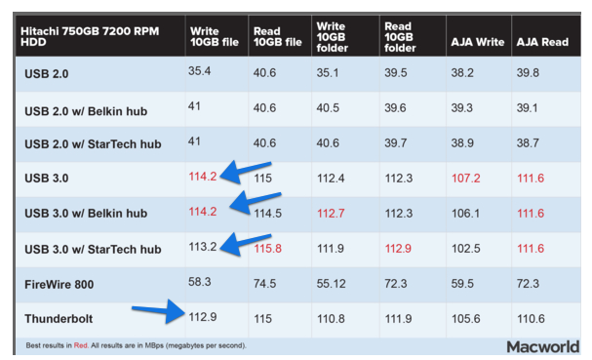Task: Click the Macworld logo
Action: coord(542,346)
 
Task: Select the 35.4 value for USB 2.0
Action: coord(200,70)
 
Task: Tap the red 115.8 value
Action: coord(267,249)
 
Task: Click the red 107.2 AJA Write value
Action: coord(464,179)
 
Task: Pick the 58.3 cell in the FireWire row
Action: coord(200,282)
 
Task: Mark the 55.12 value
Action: coord(332,284)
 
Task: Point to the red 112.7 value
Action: coord(332,214)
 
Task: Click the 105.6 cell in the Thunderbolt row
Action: coord(464,319)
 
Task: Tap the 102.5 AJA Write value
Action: coord(464,249)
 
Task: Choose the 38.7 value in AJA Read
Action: coord(528,142)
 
